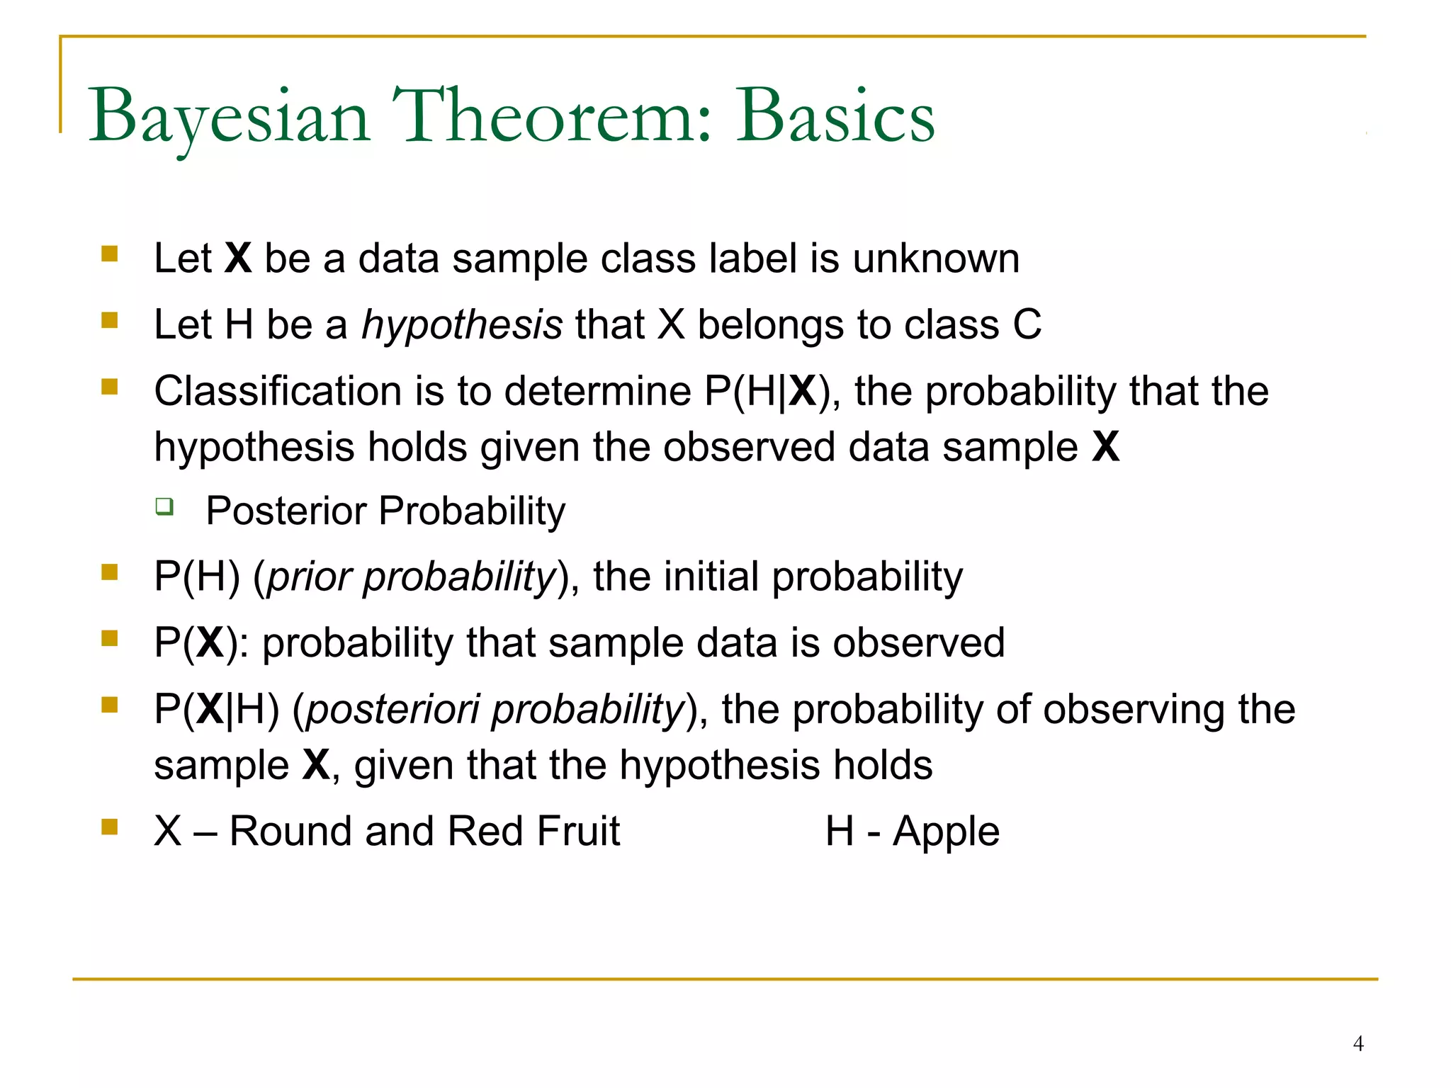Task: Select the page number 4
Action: pyautogui.click(x=1357, y=1043)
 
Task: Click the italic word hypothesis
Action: pyautogui.click(x=462, y=326)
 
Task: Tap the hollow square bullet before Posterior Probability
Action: pyautogui.click(x=164, y=506)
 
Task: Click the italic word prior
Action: pyautogui.click(x=310, y=577)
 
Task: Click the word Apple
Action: pyautogui.click(x=946, y=832)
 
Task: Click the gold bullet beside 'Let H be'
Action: pyautogui.click(x=109, y=321)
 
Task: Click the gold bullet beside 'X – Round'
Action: pyautogui.click(x=109, y=827)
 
